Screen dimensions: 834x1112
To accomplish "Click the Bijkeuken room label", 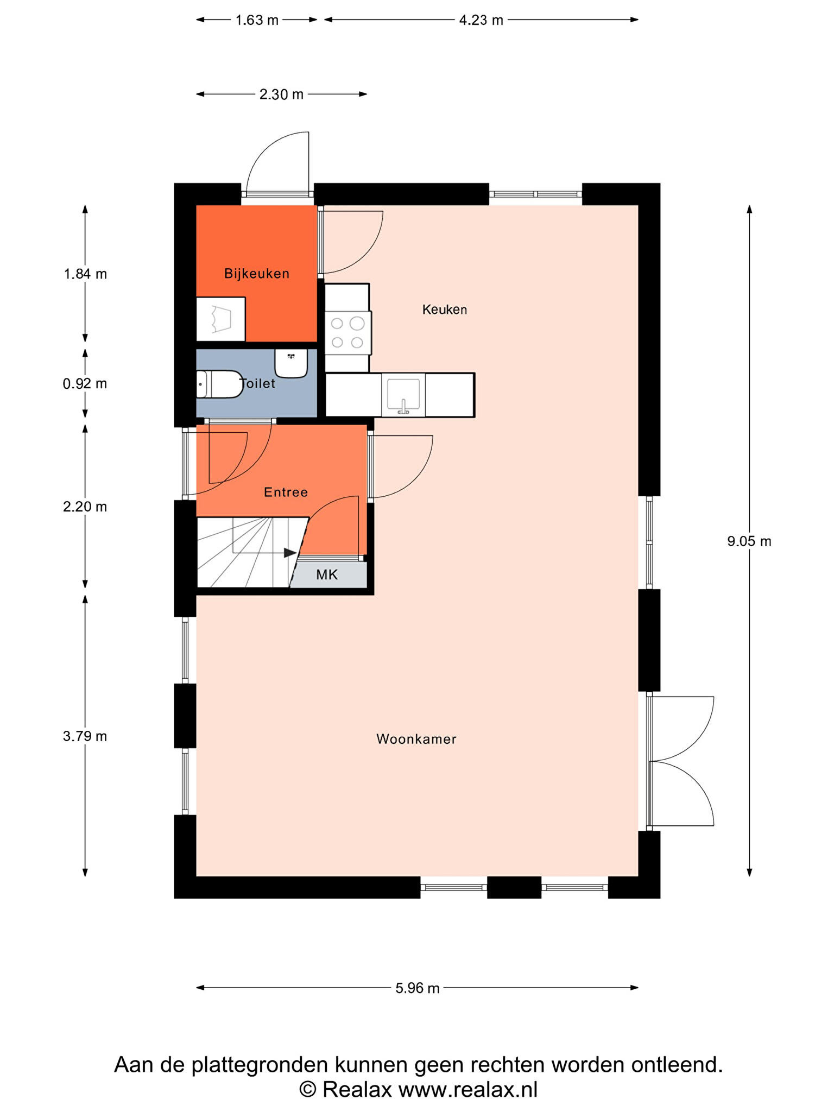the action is click(257, 274).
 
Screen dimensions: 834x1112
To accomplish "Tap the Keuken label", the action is click(445, 309).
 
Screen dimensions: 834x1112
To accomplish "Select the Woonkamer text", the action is click(416, 739).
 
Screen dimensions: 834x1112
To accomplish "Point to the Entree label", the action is click(286, 492).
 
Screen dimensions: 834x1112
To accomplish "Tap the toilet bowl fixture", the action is click(219, 384).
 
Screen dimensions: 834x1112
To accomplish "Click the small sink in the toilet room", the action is click(291, 363).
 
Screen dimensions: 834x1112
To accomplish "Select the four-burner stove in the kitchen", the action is click(348, 332).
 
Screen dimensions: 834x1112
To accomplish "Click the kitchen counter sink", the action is click(403, 395).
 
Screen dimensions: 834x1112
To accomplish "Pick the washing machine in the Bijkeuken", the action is click(220, 319).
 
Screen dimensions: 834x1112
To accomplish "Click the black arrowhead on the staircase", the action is click(290, 553).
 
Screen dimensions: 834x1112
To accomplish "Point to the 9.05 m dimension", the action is click(749, 541).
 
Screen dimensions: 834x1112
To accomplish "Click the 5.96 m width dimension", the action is click(417, 988).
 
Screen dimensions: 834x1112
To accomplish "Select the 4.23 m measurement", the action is click(481, 20).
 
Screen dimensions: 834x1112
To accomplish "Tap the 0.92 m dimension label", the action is click(85, 384).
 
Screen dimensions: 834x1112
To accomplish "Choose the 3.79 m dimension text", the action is click(85, 736).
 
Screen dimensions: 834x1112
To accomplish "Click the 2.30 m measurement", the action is click(281, 94).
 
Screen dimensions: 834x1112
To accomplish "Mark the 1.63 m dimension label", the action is click(257, 20).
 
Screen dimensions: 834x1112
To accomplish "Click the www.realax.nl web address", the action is click(468, 1090).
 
